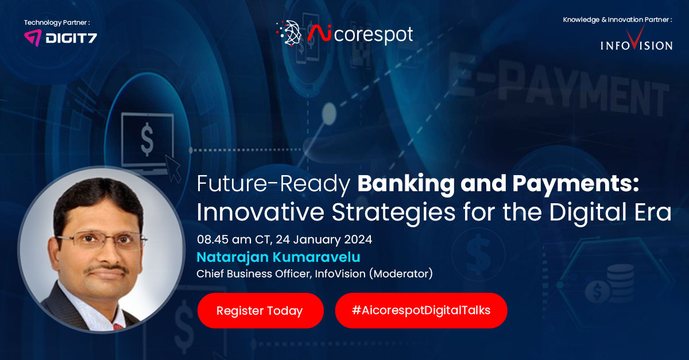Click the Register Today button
click(x=260, y=311)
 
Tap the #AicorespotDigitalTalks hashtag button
click(x=421, y=311)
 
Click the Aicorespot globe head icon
click(x=289, y=34)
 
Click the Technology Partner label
click(x=57, y=22)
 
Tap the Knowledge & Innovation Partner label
click(x=617, y=20)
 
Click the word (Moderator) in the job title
click(x=401, y=274)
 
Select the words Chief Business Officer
click(x=254, y=274)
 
